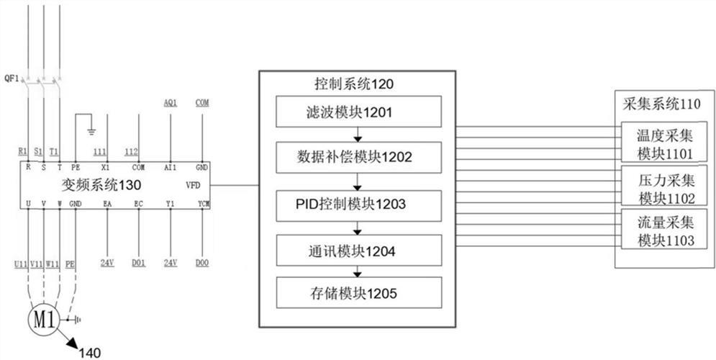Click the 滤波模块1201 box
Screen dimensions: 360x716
click(356, 114)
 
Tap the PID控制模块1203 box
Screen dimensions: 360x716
click(356, 204)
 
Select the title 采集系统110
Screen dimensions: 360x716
click(659, 103)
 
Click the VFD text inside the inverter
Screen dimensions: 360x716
click(194, 185)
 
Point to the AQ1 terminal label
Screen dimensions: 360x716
click(171, 103)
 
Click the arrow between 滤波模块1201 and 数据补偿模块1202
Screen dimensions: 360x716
click(356, 135)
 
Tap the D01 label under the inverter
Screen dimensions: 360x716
click(139, 264)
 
